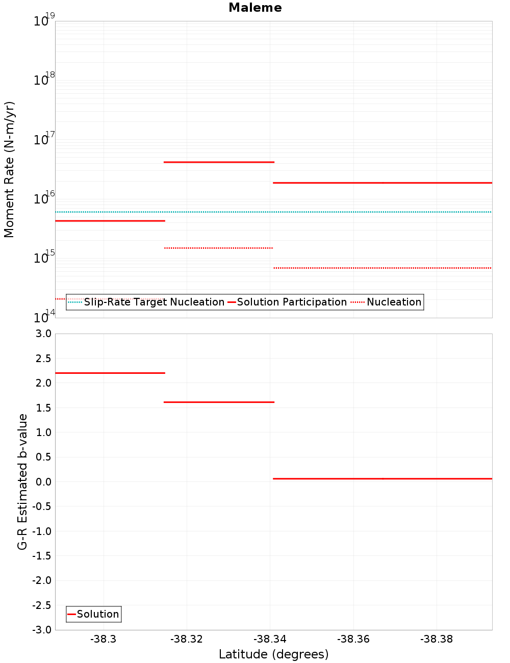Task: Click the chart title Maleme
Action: [255, 8]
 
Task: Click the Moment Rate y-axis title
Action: [9, 169]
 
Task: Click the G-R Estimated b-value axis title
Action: [22, 481]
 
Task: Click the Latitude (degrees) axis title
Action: [273, 654]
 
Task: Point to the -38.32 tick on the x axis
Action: [187, 640]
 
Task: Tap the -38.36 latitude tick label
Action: [353, 640]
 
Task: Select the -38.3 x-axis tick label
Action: [104, 640]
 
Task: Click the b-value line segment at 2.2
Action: [110, 373]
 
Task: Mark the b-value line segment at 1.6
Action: [219, 402]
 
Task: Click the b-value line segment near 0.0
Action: [382, 478]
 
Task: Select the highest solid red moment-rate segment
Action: [219, 162]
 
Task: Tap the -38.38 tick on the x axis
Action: [437, 640]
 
